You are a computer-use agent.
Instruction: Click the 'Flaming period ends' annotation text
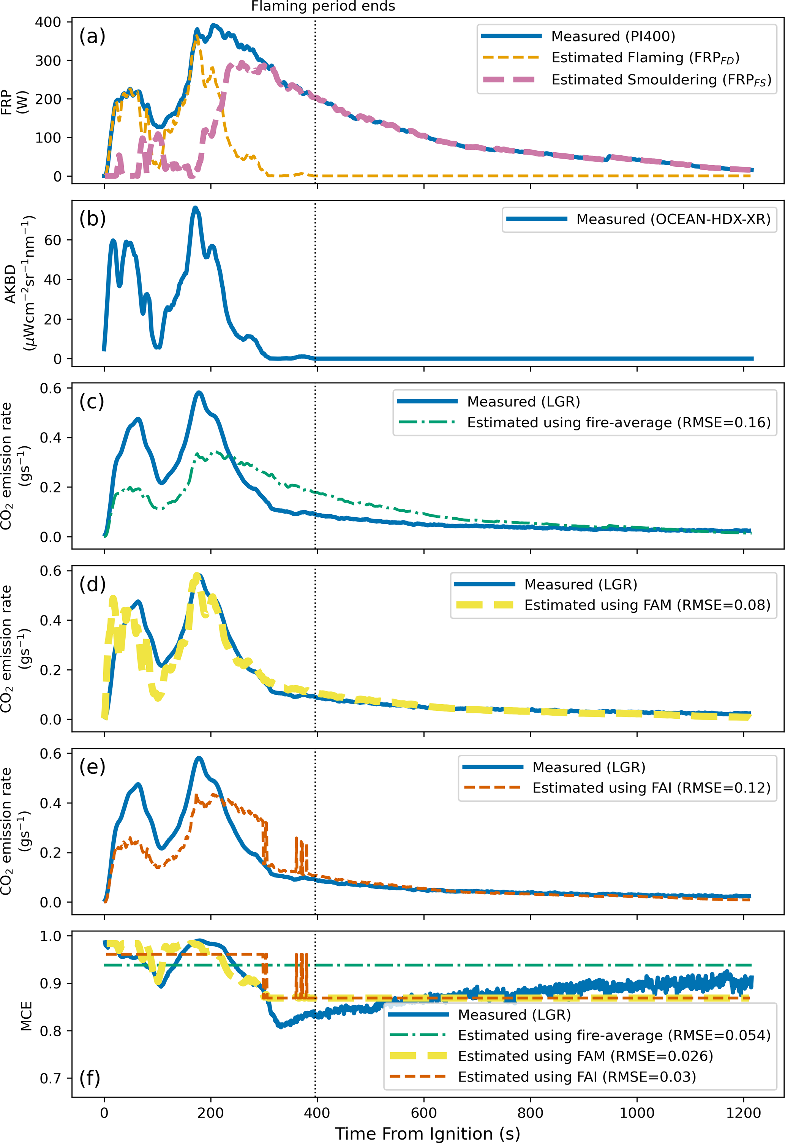tap(323, 6)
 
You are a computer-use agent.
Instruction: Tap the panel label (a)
tap(92, 36)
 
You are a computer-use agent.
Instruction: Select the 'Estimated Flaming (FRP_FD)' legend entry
tap(645, 58)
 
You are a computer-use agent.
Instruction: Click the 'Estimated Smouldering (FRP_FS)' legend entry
tap(660, 80)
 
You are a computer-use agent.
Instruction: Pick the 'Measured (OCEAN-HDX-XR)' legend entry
tap(673, 219)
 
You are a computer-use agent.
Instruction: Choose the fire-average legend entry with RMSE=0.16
tap(618, 422)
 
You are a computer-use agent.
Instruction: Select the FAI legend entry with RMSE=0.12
tap(651, 787)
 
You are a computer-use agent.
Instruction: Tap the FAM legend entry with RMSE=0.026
tap(585, 1056)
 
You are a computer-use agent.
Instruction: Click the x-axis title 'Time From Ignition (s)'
tap(427, 1133)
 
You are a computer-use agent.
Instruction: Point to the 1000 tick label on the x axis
tap(637, 1113)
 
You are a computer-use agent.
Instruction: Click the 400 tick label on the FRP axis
tap(48, 22)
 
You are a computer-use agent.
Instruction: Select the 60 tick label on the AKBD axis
tap(53, 240)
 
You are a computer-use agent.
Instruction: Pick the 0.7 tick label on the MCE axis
tap(51, 1078)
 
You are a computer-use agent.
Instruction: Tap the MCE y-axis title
tap(25, 1016)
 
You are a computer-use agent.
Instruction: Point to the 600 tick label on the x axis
tap(423, 1113)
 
